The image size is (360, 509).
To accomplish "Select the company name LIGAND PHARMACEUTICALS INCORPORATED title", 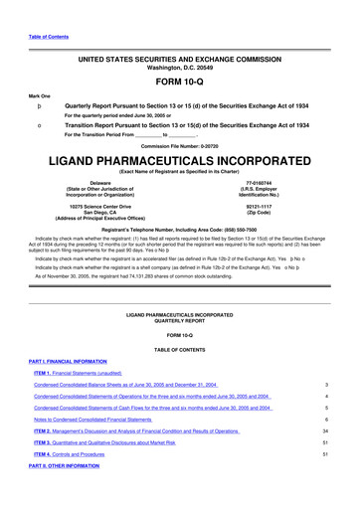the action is tap(179, 159).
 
